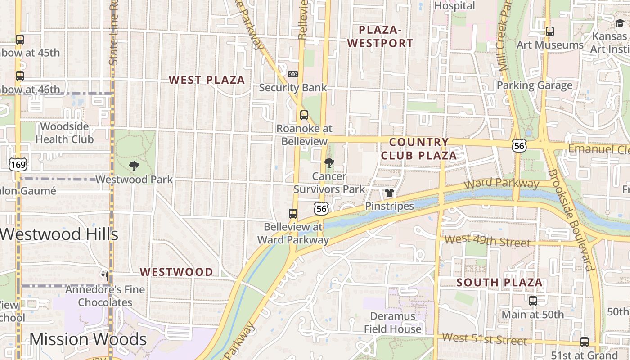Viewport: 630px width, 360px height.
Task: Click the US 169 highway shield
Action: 18,164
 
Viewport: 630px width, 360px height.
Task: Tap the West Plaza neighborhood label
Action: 207,80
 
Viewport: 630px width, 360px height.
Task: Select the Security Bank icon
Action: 292,74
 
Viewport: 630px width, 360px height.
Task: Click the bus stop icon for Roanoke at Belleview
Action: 304,115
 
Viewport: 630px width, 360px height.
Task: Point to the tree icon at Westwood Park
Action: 134,166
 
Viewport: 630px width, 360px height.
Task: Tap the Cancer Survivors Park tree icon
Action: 329,163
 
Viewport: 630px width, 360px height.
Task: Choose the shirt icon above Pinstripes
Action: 389,193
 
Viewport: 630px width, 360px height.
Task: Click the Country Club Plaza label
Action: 419,149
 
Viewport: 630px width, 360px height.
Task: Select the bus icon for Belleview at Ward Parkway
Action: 293,214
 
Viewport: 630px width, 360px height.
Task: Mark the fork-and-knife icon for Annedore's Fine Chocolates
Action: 105,276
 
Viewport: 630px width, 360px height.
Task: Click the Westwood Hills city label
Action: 59,234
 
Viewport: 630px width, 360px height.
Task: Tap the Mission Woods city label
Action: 88,339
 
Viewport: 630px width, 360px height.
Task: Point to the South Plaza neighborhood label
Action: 499,283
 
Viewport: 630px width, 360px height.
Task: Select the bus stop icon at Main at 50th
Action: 533,301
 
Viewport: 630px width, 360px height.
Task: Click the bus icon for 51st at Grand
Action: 584,342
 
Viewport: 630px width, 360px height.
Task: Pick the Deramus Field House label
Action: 393,323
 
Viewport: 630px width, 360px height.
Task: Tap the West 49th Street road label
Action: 487,241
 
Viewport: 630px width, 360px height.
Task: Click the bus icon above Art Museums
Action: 549,31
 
